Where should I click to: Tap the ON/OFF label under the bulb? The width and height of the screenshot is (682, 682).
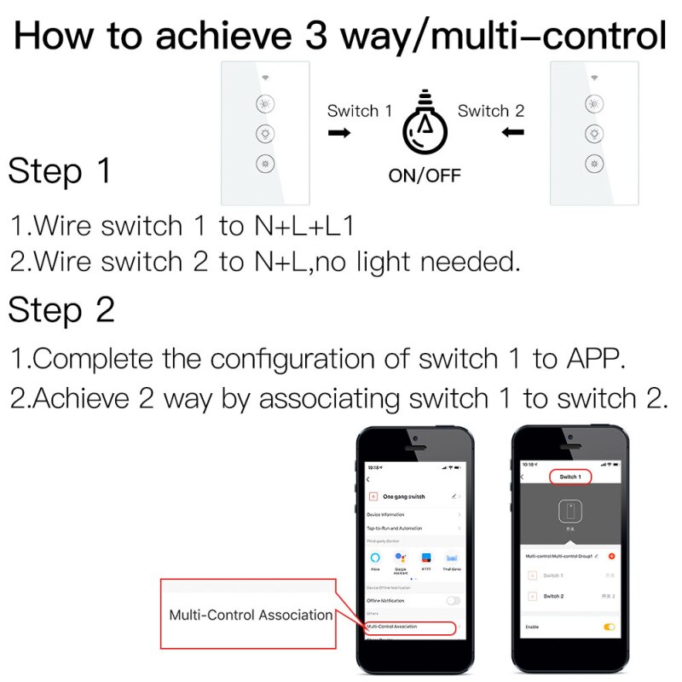point(424,176)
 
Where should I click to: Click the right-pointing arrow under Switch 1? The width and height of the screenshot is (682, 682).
point(338,133)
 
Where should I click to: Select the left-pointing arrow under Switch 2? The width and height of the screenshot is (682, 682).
point(512,132)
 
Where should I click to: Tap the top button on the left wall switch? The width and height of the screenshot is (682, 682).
point(264,105)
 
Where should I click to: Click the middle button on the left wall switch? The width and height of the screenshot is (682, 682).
point(264,134)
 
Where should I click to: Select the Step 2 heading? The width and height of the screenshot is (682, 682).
point(61,310)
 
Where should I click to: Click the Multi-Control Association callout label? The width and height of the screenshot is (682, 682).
point(250,615)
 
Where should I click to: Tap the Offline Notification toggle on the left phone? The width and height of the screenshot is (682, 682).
point(454,600)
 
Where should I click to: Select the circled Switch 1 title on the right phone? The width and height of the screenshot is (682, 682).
point(569,477)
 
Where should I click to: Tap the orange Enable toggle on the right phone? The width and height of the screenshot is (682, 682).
point(609,627)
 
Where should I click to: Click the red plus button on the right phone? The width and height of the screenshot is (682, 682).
point(611,556)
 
